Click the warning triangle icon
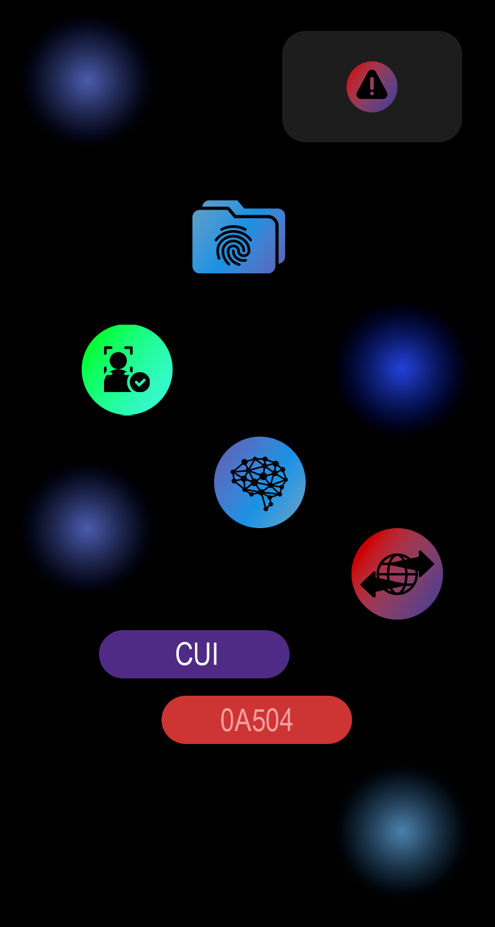click(372, 86)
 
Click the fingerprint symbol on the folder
click(233, 246)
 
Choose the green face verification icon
click(127, 370)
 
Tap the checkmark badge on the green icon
click(140, 382)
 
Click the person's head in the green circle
click(118, 360)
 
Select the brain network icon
click(260, 482)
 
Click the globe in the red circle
click(397, 574)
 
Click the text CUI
click(197, 654)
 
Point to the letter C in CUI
click(183, 654)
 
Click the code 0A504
click(257, 720)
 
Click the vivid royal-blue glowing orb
click(401, 366)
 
